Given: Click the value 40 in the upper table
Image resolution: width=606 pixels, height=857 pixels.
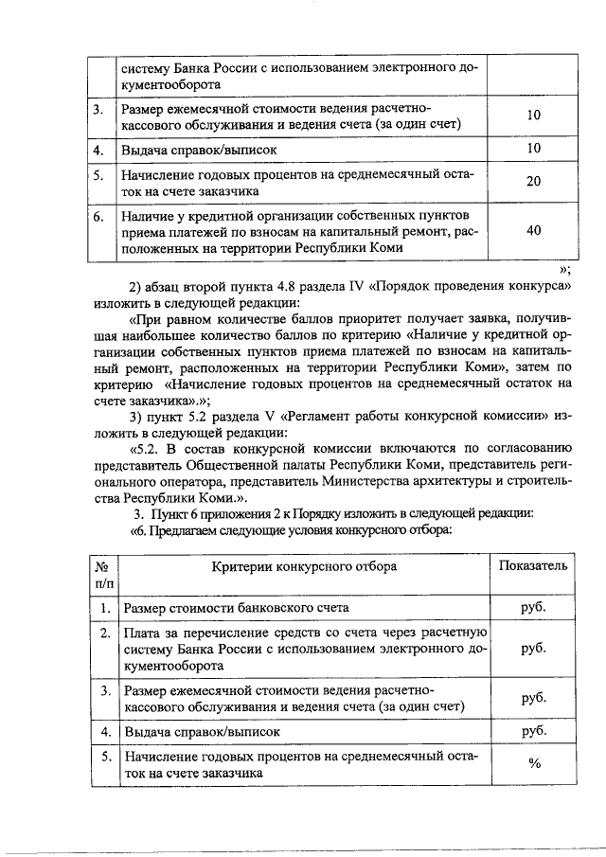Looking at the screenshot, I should point(533,230).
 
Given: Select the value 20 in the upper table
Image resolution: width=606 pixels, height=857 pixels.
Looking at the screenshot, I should point(533,182).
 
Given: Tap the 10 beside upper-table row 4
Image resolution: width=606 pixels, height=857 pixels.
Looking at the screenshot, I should point(533,149).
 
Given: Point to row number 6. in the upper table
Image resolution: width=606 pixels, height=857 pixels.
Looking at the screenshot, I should point(98,216).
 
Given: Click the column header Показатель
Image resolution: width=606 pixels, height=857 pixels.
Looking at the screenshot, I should point(534,565).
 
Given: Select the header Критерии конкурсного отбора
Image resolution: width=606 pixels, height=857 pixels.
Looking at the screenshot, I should point(304,565).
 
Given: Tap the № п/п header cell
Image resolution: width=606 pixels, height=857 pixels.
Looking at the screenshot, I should point(102,574).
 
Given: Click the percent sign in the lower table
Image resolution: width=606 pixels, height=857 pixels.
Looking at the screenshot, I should point(534,765).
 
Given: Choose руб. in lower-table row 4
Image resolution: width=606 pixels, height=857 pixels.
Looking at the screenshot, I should point(534,732).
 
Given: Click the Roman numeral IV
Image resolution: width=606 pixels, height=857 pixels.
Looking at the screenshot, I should point(356,286).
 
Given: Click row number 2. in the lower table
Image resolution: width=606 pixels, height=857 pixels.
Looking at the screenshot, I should point(102,632).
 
